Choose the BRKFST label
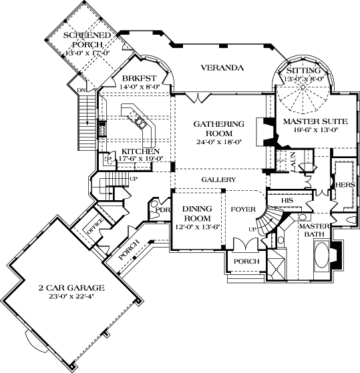pyautogui.click(x=137, y=77)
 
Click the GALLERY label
pyautogui.click(x=220, y=180)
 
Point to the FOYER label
pyautogui.click(x=243, y=210)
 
